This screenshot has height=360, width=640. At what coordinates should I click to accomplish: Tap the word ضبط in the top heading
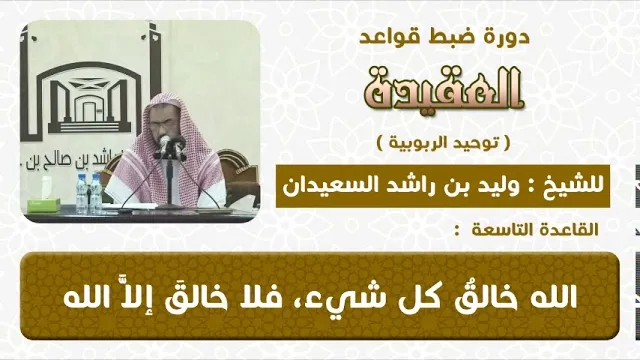point(453,37)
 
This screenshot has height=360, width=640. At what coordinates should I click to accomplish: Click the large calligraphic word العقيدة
point(444,89)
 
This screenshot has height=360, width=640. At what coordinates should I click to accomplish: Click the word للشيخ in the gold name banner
point(581,185)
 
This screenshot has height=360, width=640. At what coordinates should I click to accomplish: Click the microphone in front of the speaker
point(165,145)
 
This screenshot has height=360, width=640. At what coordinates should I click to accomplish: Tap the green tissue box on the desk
point(43,204)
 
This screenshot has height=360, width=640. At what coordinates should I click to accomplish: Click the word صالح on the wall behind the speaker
point(90,161)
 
